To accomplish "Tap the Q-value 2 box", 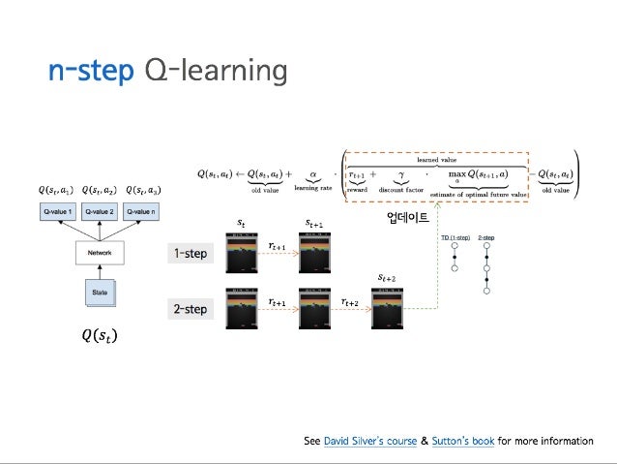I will [x=99, y=210].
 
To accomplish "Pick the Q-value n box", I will [x=142, y=210].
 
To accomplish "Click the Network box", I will [x=99, y=253].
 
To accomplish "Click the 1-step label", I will [x=190, y=254].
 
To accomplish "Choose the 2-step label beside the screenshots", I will [x=190, y=309].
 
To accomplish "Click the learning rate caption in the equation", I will [x=312, y=190].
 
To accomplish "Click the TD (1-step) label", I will [x=455, y=236].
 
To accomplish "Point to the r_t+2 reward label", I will [x=350, y=303].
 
